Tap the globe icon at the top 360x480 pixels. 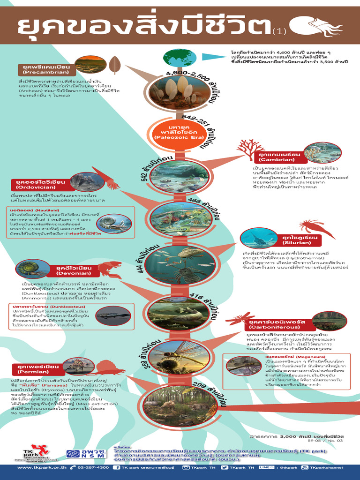click(180, 58)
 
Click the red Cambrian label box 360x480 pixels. click(279, 156)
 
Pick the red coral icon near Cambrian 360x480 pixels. click(251, 149)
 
